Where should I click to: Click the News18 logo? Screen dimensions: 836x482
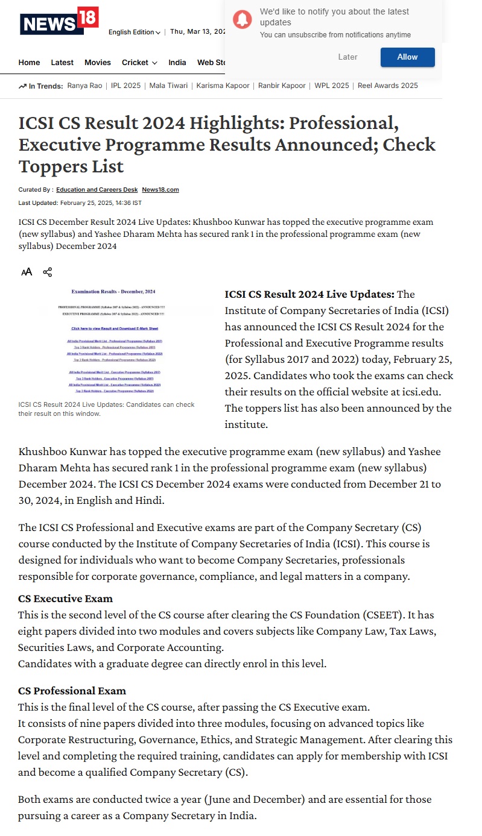click(x=59, y=22)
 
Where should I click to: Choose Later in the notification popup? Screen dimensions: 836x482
click(x=347, y=57)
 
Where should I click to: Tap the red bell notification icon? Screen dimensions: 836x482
click(x=243, y=20)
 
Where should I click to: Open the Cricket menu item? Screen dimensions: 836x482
click(x=139, y=63)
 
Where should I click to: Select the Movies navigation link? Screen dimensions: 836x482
click(x=98, y=63)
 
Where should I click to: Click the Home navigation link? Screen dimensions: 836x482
click(x=29, y=63)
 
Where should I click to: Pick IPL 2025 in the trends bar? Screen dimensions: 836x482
click(x=127, y=86)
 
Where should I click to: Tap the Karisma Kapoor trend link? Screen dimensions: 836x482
click(x=223, y=86)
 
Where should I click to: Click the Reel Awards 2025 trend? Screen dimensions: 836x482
click(x=388, y=86)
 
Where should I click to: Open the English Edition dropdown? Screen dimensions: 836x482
click(x=134, y=33)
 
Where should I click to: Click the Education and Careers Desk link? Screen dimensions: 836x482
click(x=97, y=190)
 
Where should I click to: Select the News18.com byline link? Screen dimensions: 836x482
click(x=160, y=190)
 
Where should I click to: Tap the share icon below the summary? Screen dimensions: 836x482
click(x=48, y=272)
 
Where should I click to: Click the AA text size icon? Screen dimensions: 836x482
click(x=27, y=272)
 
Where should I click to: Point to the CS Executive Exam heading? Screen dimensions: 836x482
click(x=65, y=599)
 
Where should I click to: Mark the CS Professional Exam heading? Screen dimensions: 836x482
click(x=72, y=690)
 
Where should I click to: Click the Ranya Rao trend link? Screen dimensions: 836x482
click(x=84, y=86)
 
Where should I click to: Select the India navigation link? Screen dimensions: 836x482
click(x=177, y=63)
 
